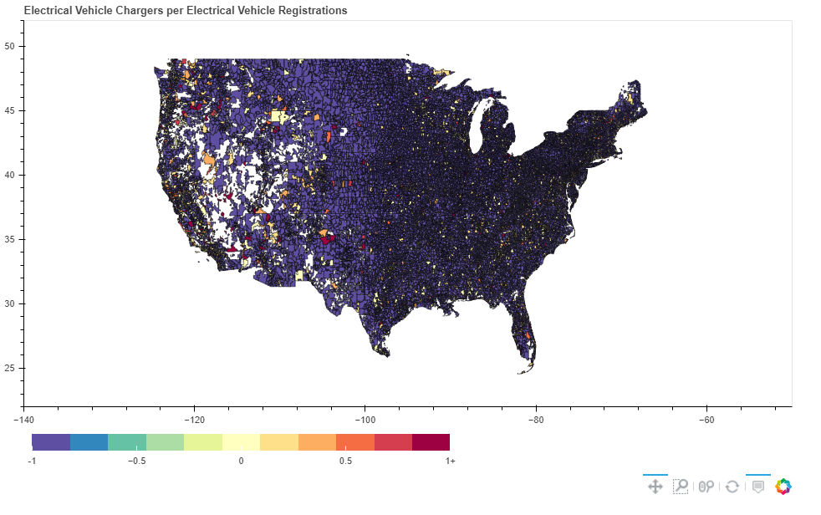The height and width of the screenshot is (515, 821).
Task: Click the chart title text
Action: [x=186, y=11]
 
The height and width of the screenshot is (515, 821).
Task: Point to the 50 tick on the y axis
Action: [x=9, y=46]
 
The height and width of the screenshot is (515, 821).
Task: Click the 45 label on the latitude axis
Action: [x=9, y=110]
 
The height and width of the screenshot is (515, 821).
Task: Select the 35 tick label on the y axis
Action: [x=9, y=239]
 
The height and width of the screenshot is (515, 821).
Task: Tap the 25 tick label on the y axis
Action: [x=9, y=368]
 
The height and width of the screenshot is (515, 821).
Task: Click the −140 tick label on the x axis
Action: [x=23, y=420]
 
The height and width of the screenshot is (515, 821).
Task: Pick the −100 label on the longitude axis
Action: [x=365, y=420]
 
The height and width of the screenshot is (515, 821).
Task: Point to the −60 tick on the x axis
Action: [x=706, y=420]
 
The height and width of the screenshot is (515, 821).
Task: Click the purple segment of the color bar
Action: [x=51, y=442]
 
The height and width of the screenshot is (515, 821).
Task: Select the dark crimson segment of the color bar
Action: [x=431, y=442]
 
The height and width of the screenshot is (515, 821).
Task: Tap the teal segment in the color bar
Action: [x=127, y=442]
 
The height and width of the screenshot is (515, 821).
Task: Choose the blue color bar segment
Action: [x=89, y=442]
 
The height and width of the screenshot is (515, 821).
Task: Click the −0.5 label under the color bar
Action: [x=136, y=461]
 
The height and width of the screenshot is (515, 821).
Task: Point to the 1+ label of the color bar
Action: [x=451, y=461]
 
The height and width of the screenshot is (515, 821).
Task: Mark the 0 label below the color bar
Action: [x=241, y=461]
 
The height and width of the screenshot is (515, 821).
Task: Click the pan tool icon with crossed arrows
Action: [x=655, y=487]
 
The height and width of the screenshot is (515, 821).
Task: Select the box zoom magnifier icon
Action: [x=681, y=487]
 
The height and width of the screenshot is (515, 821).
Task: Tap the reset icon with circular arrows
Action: [x=732, y=487]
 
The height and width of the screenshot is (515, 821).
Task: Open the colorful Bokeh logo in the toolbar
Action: [x=783, y=487]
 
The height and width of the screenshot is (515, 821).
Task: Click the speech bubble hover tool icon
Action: [x=757, y=487]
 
